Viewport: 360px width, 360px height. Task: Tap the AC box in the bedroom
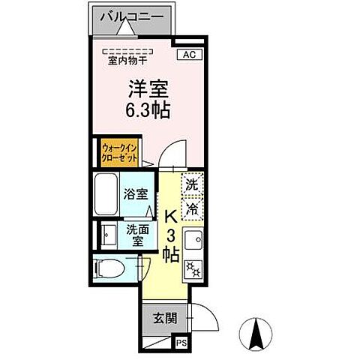click(189, 53)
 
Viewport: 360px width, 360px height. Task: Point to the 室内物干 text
click(127, 61)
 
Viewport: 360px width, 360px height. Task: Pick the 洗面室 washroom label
click(136, 235)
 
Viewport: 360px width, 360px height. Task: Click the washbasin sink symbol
click(107, 235)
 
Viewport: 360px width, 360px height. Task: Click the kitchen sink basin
click(194, 242)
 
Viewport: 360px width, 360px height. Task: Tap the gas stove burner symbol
click(193, 268)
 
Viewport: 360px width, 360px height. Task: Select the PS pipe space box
click(180, 342)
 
